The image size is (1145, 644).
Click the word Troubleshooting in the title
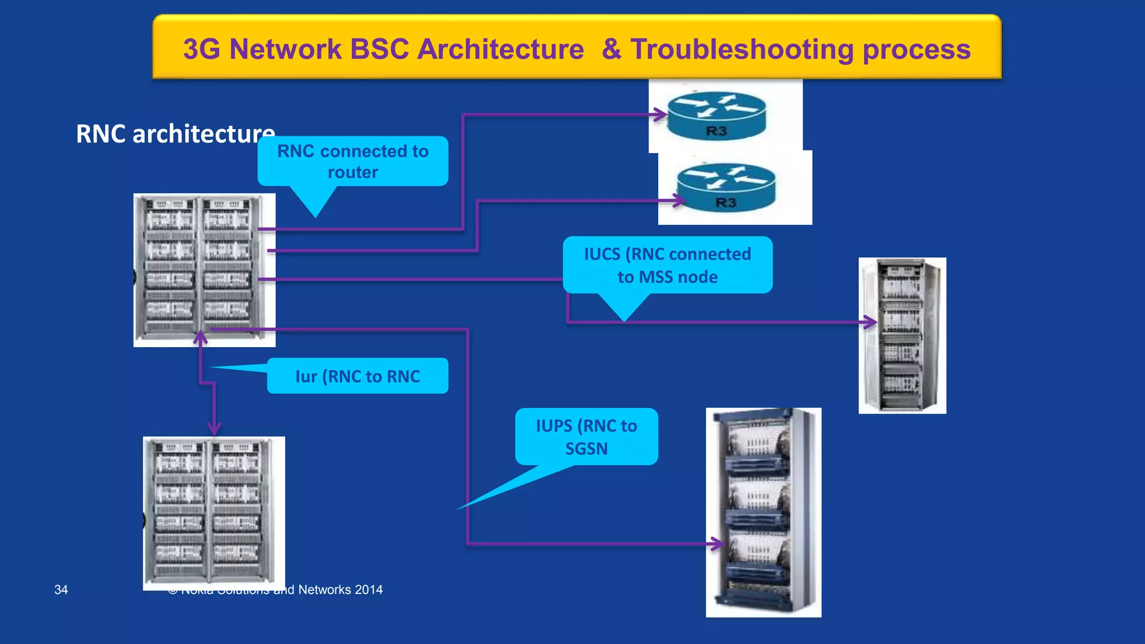[742, 49]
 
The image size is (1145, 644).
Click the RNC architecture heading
[175, 134]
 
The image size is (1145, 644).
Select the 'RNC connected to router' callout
[353, 162]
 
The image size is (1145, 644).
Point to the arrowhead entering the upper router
[662, 115]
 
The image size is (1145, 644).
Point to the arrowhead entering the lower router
[679, 200]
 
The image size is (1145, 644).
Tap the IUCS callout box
[668, 265]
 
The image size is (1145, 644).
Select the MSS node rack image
[902, 335]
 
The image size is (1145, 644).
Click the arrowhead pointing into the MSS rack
[870, 322]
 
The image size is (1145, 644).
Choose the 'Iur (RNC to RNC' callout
[357, 376]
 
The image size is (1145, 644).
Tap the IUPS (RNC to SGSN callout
[586, 437]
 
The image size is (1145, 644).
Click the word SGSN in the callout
[586, 449]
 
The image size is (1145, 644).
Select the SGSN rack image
[763, 512]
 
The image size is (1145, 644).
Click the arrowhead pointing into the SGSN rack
[716, 543]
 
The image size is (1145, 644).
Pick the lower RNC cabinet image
[214, 513]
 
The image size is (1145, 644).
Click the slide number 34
[61, 590]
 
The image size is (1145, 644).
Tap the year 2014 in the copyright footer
[368, 590]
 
